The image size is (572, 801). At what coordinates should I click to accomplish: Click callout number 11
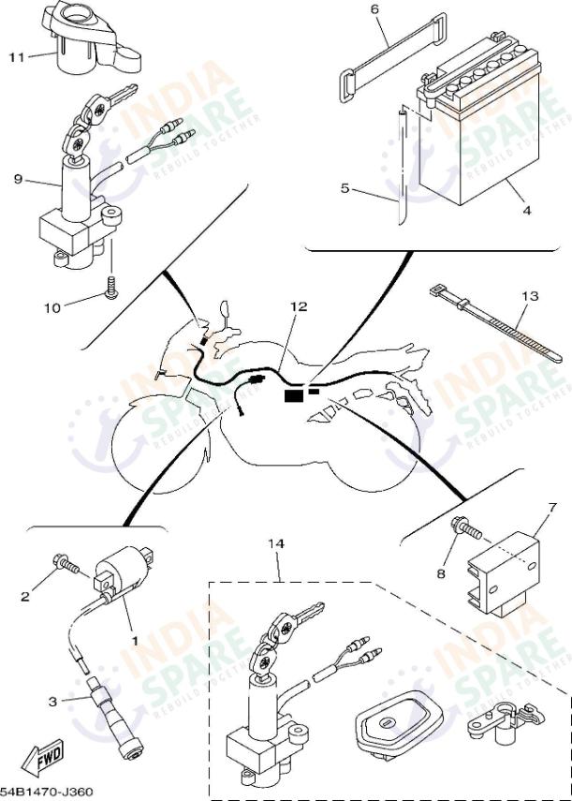[16, 57]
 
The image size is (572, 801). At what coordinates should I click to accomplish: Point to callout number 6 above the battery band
[374, 10]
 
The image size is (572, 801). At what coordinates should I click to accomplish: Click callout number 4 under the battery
[527, 211]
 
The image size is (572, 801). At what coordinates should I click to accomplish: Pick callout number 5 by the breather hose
[345, 188]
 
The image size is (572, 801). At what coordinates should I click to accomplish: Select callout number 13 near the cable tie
[530, 296]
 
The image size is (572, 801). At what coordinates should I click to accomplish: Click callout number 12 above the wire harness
[298, 306]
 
